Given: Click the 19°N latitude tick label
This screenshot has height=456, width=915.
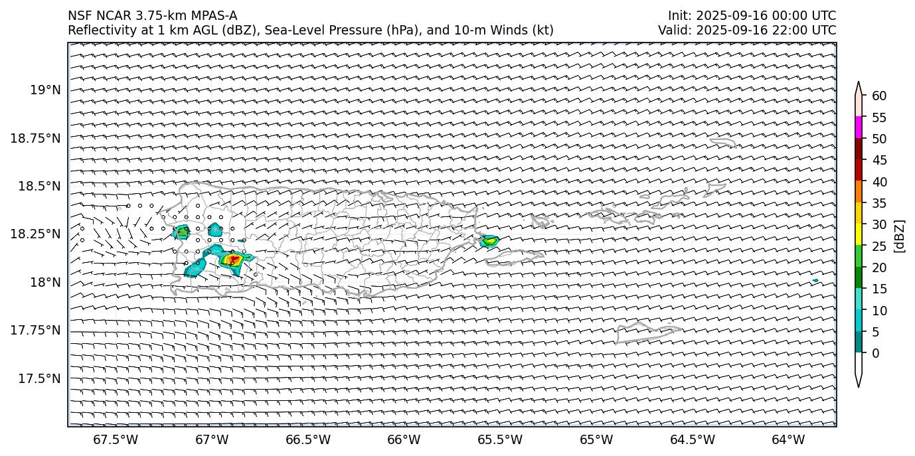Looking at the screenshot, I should [x=45, y=90].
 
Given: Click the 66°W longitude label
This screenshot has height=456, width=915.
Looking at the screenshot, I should [x=404, y=439].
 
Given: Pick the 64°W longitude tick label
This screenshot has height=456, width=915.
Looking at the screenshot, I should [x=788, y=439].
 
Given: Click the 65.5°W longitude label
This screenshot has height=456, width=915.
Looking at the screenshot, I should [x=500, y=439].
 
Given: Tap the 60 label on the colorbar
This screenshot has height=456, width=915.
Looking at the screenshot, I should [x=879, y=96].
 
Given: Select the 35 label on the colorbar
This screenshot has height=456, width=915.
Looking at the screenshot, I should [x=879, y=203].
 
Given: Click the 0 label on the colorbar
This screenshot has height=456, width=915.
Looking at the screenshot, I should [x=876, y=353].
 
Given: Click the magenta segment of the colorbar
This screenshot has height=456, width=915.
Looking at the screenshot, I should [x=859, y=127].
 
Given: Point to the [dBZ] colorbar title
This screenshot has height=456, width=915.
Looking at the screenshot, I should [x=900, y=235].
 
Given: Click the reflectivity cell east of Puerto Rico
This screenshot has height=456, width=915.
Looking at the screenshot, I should [x=489, y=241].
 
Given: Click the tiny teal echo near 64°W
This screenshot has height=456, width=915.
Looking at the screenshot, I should [x=815, y=281].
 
